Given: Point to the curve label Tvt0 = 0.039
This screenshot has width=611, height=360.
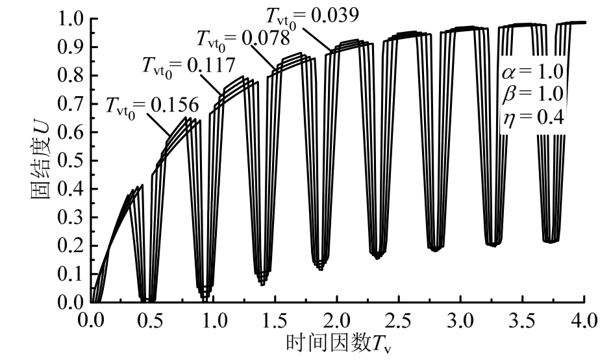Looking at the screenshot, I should coord(312,14).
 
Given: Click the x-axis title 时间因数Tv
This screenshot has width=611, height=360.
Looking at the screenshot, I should coord(338,342).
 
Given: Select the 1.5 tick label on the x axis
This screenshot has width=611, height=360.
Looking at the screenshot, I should coord(275,320).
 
